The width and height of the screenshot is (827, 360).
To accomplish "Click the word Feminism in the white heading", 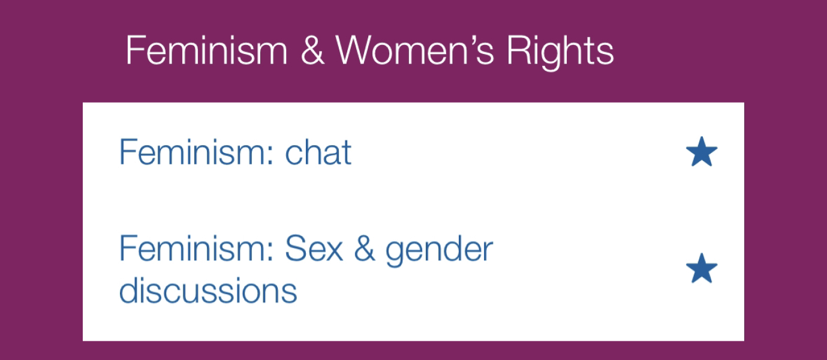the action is coord(206,50).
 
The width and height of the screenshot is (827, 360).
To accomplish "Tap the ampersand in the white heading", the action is coord(312,51).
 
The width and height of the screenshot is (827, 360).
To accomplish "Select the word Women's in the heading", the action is coord(414,50).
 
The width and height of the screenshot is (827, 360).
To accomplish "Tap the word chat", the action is coord(318,152).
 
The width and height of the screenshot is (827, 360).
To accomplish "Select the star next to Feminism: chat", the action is coord(702,152).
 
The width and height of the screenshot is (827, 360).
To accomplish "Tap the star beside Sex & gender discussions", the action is coord(702,268).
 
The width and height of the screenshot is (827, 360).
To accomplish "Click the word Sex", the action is coord(314,249).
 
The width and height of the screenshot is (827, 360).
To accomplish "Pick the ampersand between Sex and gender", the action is coord(365,249).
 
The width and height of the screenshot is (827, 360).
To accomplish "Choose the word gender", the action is coord(440,251).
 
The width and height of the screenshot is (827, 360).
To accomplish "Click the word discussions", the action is coord(208,290).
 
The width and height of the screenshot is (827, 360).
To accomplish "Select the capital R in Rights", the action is coord(519,51).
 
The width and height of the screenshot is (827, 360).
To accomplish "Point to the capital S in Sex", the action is coord(296,249).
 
